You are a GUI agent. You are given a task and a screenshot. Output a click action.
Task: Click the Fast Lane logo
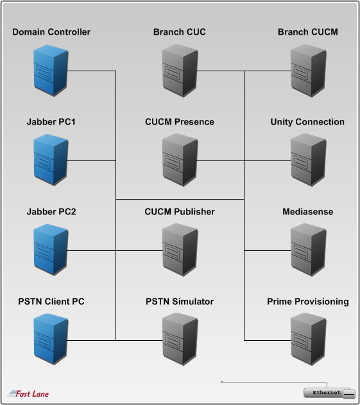point(28,393)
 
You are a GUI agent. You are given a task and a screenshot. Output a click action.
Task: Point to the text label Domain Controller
point(51,32)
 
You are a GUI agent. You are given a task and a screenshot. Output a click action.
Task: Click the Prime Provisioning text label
point(307,302)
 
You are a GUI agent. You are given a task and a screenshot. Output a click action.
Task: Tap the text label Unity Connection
point(307,122)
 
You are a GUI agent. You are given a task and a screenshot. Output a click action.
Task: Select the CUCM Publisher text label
point(180,212)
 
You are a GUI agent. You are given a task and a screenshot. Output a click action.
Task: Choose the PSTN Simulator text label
point(180,302)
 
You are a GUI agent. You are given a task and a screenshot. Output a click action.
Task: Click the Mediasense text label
point(307,212)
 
